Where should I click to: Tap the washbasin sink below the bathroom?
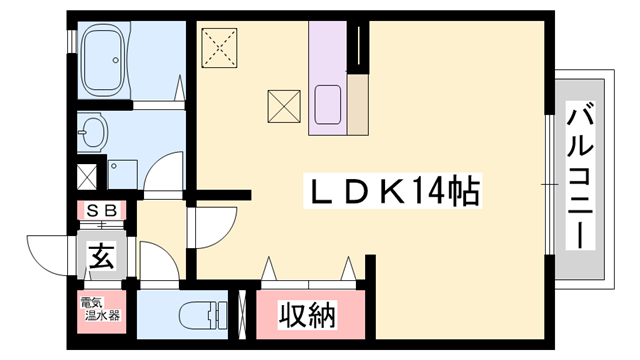(93, 129)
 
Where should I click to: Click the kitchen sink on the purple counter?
(329, 103)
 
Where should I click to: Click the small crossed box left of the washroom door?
(87, 177)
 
